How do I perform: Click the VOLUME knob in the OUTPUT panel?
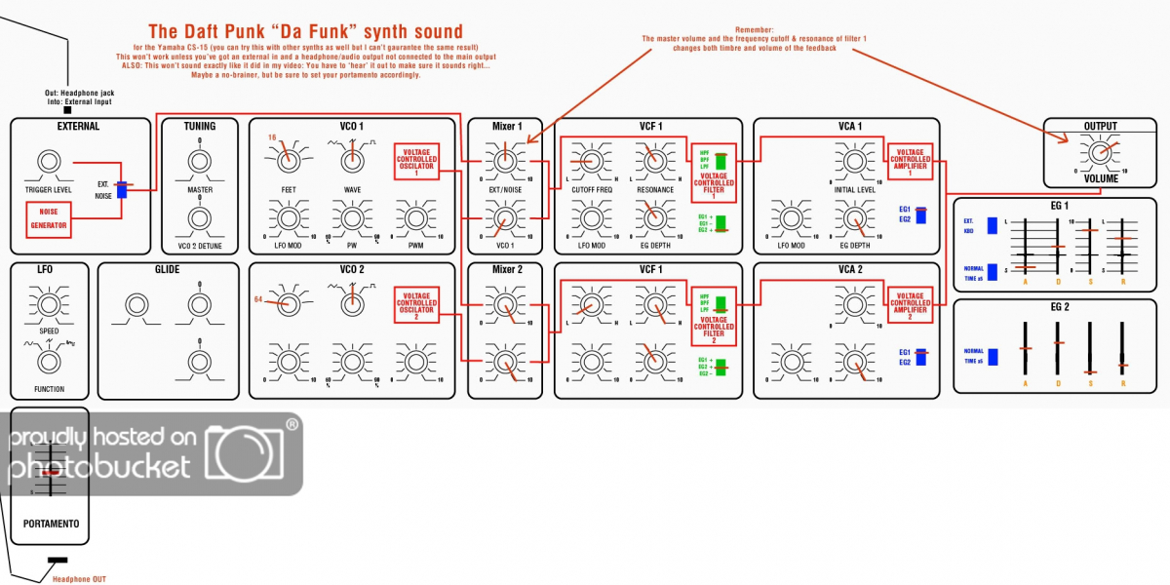(1099, 152)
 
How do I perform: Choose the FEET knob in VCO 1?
(289, 157)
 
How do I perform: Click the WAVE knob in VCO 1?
(352, 157)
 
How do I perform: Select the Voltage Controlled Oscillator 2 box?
(416, 304)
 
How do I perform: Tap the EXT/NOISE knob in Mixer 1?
(504, 157)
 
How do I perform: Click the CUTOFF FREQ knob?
(591, 157)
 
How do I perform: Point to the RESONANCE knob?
(654, 157)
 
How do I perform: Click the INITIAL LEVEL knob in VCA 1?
(856, 157)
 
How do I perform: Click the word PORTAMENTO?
(52, 524)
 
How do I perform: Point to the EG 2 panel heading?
(1059, 307)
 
